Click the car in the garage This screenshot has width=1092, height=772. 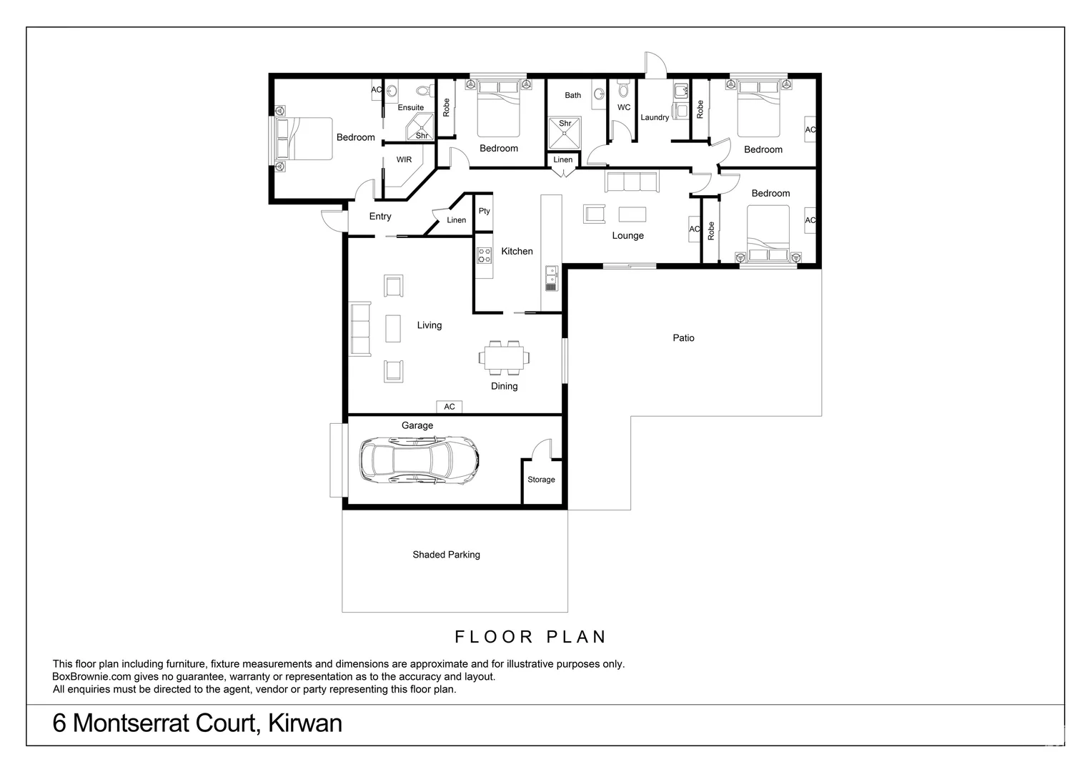pyautogui.click(x=419, y=458)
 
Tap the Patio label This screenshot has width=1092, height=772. pyautogui.click(x=683, y=338)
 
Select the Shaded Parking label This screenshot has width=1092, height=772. pyautogui.click(x=446, y=555)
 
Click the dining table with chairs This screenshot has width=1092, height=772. pyautogui.click(x=505, y=357)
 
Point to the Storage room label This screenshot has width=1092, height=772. pyautogui.click(x=541, y=480)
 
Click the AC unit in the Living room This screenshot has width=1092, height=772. pyautogui.click(x=450, y=407)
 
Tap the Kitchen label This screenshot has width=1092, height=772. pyautogui.click(x=517, y=251)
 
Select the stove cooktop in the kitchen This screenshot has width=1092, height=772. pyautogui.click(x=485, y=255)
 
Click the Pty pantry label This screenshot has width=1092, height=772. pyautogui.click(x=485, y=211)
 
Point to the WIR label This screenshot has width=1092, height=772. pyautogui.click(x=404, y=160)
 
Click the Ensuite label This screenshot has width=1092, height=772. pyautogui.click(x=411, y=108)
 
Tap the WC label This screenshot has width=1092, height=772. pyautogui.click(x=624, y=107)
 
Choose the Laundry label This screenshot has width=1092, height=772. pyautogui.click(x=655, y=117)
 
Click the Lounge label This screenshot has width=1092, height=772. pyautogui.click(x=627, y=236)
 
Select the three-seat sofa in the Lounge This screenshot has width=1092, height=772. pyautogui.click(x=632, y=182)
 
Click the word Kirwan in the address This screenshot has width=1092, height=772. pyautogui.click(x=305, y=723)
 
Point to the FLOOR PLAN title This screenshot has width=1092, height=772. pyautogui.click(x=530, y=637)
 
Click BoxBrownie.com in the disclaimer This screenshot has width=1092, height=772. pyautogui.click(x=91, y=677)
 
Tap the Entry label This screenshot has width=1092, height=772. pyautogui.click(x=380, y=217)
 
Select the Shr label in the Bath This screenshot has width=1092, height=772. pyautogui.click(x=565, y=124)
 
